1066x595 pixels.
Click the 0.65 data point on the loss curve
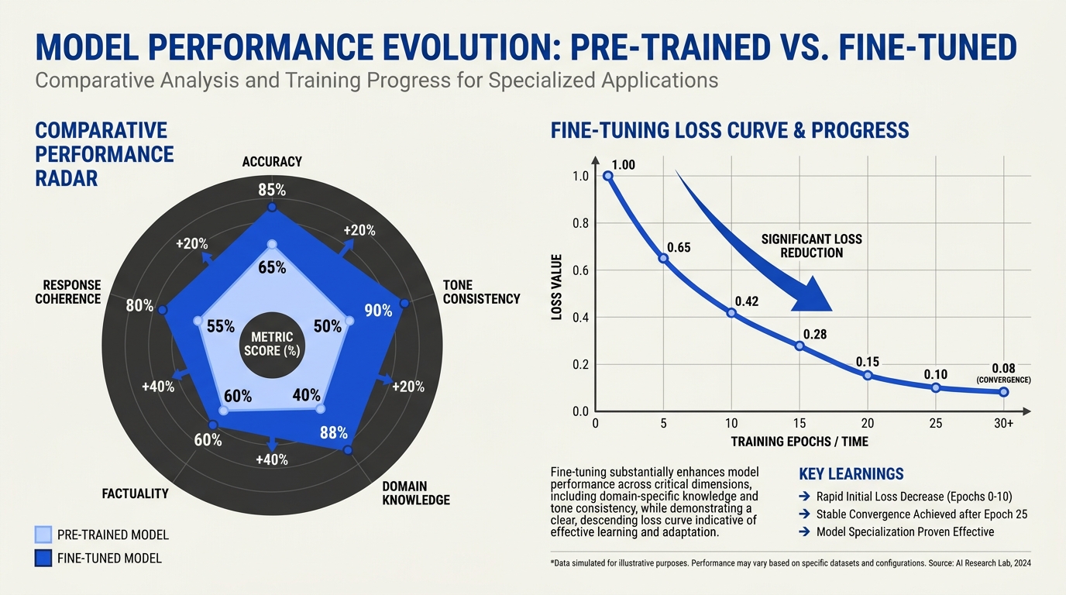pos(663,259)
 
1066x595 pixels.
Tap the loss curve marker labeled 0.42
pos(731,313)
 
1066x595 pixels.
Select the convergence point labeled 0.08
pos(1004,392)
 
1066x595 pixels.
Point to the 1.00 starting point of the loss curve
pos(607,176)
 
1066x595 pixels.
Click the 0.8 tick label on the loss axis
pos(580,223)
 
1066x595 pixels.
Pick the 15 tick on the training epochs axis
pos(799,423)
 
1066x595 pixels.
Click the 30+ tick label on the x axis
pos(1004,423)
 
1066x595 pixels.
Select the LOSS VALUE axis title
pos(557,287)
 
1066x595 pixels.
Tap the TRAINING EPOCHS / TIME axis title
pos(799,442)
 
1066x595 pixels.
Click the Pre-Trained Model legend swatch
pos(43,535)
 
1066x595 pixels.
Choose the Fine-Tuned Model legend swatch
pos(43,559)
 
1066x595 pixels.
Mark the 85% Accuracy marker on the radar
pos(272,207)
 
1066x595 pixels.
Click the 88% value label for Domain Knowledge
pos(334,432)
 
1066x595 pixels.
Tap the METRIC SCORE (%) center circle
pos(272,345)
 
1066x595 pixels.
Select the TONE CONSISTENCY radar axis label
pos(481,292)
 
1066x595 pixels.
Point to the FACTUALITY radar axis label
pos(135,494)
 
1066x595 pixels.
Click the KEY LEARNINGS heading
pos(851,474)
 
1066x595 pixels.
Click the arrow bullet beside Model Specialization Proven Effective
pos(804,531)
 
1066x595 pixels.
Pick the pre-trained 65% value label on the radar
pos(272,267)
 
